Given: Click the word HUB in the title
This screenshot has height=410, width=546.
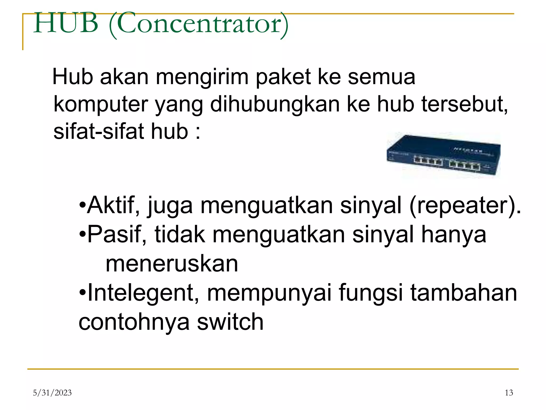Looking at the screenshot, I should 66,23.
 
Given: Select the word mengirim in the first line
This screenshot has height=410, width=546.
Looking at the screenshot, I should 202,77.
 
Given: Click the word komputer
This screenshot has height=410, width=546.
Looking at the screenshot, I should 101,104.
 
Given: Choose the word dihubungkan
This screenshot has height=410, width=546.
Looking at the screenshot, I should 275,104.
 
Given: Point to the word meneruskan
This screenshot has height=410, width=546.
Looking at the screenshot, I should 172,264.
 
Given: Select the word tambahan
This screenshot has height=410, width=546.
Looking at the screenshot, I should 464,293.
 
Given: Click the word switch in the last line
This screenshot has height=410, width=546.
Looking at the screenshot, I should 230,322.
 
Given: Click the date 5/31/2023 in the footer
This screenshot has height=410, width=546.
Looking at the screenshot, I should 52,393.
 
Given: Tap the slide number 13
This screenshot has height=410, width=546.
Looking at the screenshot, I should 509,393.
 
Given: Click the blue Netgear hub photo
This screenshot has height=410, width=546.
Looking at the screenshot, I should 443,155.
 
